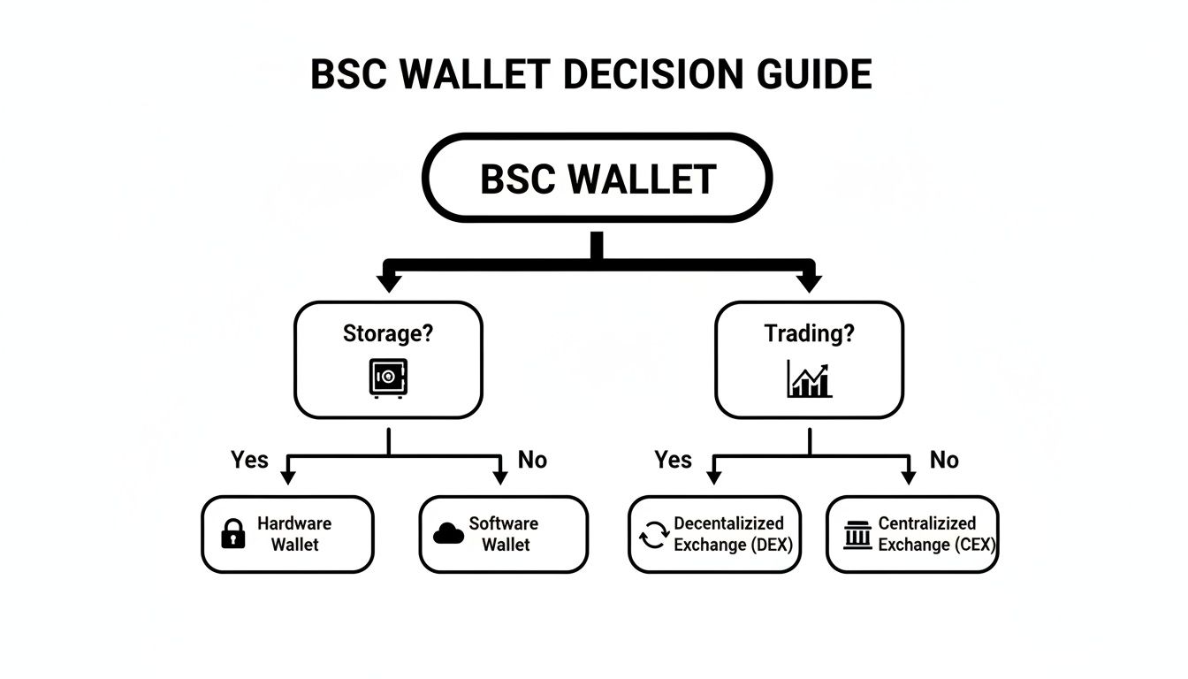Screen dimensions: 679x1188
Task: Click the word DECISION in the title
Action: (650, 75)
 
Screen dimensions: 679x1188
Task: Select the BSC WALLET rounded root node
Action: (597, 179)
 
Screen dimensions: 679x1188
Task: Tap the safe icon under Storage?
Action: (388, 378)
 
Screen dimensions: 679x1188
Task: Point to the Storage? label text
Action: (388, 334)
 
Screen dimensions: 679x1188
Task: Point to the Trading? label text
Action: (809, 334)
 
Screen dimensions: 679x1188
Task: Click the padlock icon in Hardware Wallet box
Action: (232, 534)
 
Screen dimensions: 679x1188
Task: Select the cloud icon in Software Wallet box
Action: (449, 533)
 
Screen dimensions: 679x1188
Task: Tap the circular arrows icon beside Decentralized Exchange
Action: (654, 535)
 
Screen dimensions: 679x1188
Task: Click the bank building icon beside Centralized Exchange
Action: (857, 535)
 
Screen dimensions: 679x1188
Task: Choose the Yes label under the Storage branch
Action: (249, 460)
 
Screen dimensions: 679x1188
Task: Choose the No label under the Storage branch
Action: (532, 460)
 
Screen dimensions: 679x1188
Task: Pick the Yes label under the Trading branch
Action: (673, 460)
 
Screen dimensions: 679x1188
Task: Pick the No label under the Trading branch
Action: (944, 460)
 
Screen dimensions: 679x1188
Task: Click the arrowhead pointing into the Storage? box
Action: (388, 284)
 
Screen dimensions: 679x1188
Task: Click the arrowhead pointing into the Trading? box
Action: (809, 284)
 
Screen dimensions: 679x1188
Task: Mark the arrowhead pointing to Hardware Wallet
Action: (287, 477)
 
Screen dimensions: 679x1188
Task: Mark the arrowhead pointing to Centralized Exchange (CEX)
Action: (908, 477)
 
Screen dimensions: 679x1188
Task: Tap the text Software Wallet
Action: (505, 534)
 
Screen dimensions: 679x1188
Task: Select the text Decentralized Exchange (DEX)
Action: (730, 534)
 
